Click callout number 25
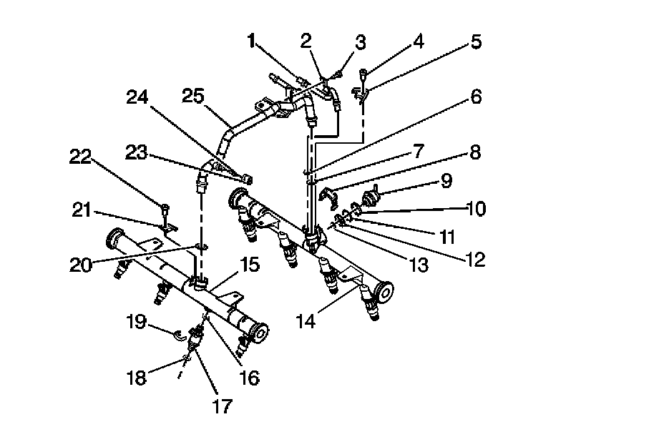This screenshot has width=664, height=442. click(193, 95)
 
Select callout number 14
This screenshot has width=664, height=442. click(306, 322)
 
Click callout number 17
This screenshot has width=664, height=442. click(222, 406)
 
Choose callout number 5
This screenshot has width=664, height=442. click(477, 42)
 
